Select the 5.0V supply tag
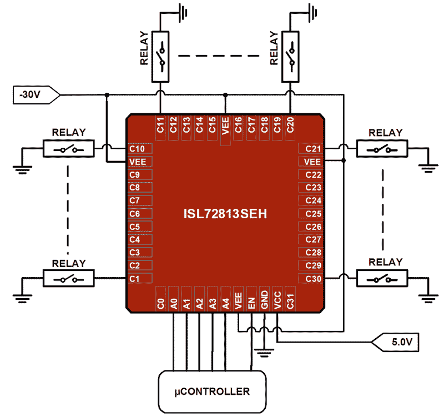click(399, 342)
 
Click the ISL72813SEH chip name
click(226, 214)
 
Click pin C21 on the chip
click(313, 149)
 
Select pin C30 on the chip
click(313, 278)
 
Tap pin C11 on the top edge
click(160, 125)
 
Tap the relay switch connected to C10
click(69, 149)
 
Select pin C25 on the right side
click(313, 214)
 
